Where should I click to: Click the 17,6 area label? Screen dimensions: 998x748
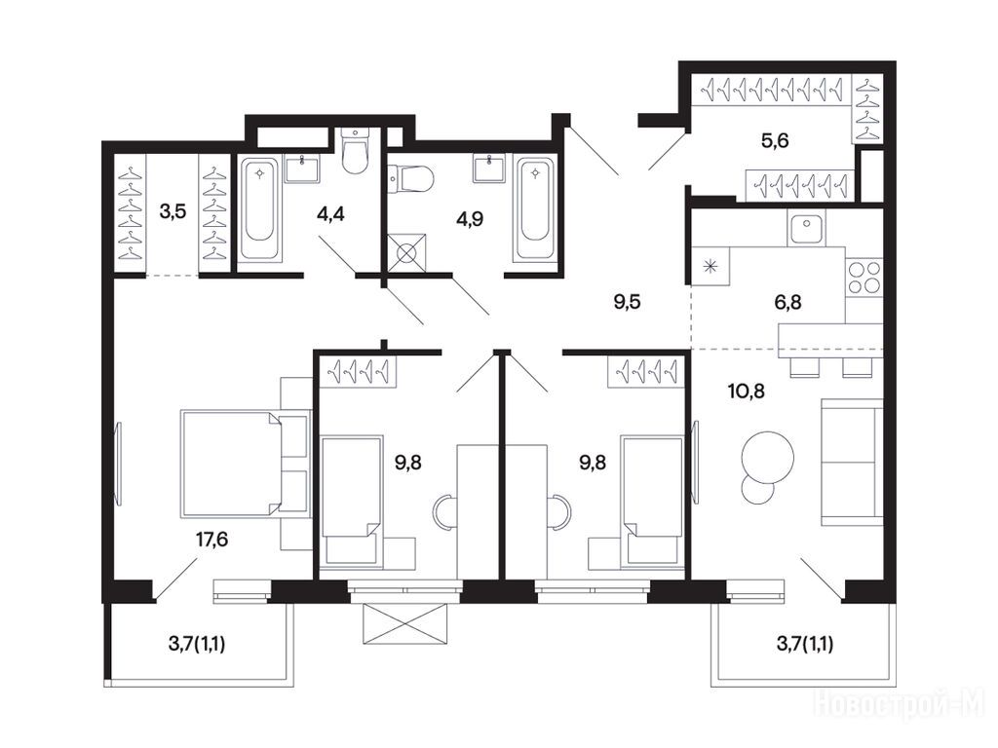click(211, 540)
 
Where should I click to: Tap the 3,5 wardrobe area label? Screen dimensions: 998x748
click(173, 211)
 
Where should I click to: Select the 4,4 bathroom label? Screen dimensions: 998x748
click(330, 213)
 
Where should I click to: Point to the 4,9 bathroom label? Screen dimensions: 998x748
click(470, 219)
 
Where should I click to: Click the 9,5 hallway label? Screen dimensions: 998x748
click(627, 302)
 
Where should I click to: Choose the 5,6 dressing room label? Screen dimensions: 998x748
click(775, 140)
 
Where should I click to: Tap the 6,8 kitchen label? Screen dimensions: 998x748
click(787, 302)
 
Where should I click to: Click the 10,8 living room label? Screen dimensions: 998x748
click(746, 391)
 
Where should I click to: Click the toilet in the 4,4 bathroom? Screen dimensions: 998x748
click(355, 151)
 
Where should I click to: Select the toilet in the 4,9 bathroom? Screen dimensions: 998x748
click(410, 179)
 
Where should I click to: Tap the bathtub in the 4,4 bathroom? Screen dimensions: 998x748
click(259, 209)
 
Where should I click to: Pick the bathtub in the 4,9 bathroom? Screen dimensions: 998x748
click(535, 209)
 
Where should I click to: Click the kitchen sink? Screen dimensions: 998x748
click(806, 228)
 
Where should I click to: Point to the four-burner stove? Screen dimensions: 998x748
click(864, 278)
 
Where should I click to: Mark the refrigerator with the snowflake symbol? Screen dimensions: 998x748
click(710, 266)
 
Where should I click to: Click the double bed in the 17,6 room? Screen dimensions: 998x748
click(230, 463)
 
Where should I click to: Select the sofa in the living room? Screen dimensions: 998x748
click(852, 462)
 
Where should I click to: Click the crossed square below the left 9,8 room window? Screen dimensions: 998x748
click(404, 623)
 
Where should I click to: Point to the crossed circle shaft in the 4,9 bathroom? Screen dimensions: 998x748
click(406, 252)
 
